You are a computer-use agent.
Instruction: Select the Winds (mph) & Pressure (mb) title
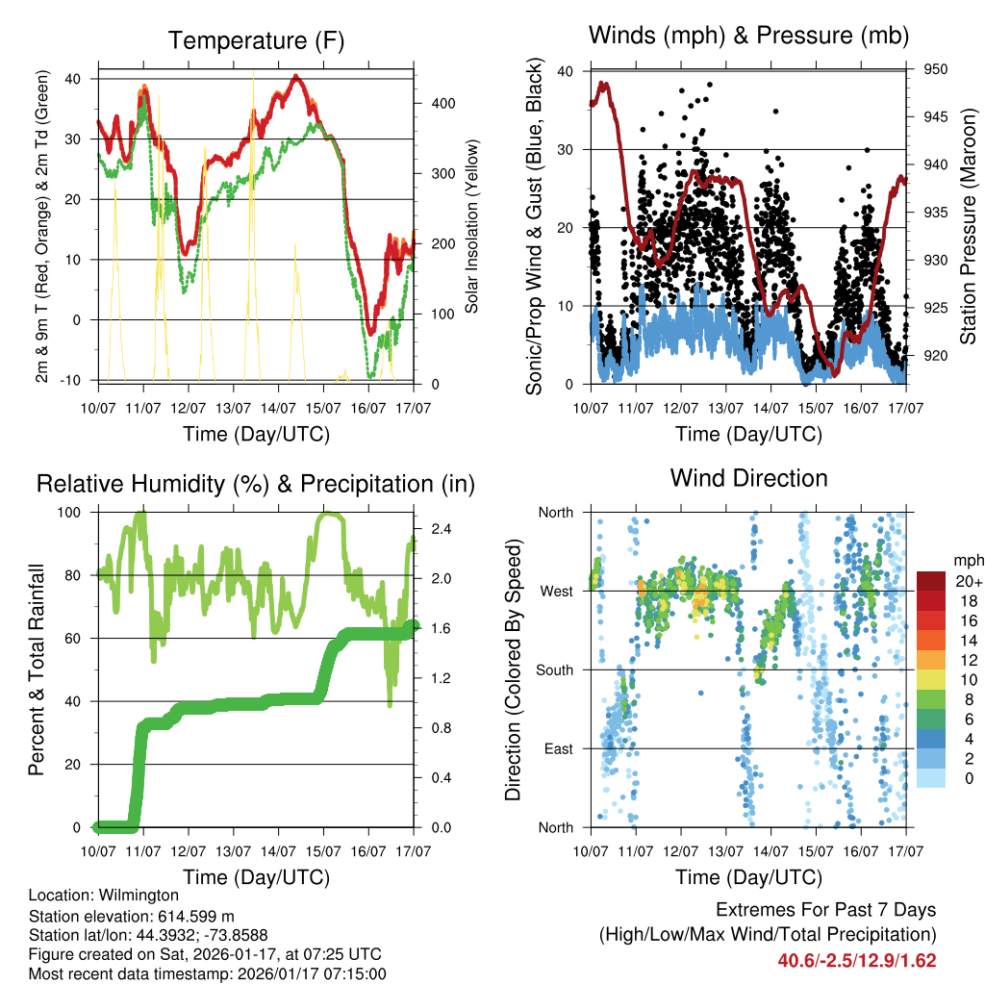(x=748, y=36)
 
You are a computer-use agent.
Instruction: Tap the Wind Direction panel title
(x=748, y=477)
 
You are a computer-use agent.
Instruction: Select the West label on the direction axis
(x=556, y=591)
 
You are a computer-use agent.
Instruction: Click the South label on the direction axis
(x=554, y=669)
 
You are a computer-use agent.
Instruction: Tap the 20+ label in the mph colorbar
(x=968, y=581)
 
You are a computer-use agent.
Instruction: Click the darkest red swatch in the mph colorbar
(x=931, y=581)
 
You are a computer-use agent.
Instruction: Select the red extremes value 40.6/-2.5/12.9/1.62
(x=857, y=960)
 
